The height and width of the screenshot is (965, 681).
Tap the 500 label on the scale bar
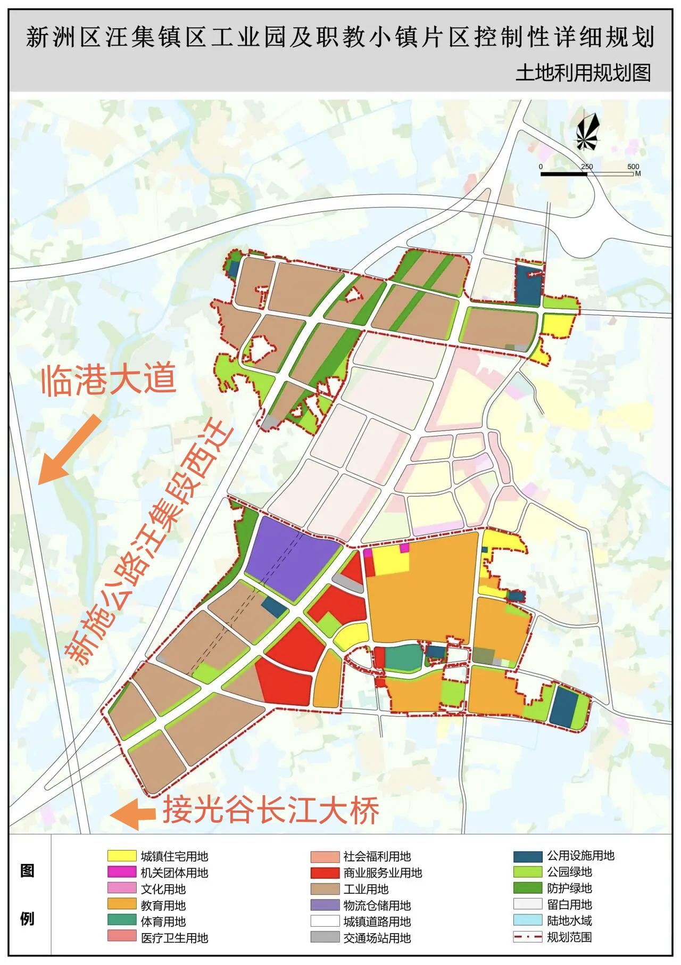coord(633,167)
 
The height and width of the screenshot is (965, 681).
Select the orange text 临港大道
coord(109,380)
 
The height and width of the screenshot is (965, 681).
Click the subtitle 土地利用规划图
coord(583,73)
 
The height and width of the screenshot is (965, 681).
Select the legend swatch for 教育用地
coord(122,904)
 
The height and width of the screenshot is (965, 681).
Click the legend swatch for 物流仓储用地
coord(325,905)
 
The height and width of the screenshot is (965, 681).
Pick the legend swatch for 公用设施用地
coord(527,856)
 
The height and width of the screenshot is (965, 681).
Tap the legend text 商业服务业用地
coord(383,873)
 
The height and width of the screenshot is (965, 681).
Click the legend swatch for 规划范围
coord(527,937)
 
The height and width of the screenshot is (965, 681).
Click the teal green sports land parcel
coord(403,657)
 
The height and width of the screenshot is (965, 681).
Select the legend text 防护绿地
coord(569,888)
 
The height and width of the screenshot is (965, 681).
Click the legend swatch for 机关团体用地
coord(122,872)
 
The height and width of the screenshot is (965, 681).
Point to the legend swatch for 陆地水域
coord(527,920)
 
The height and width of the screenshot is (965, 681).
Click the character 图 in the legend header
coord(27,871)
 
